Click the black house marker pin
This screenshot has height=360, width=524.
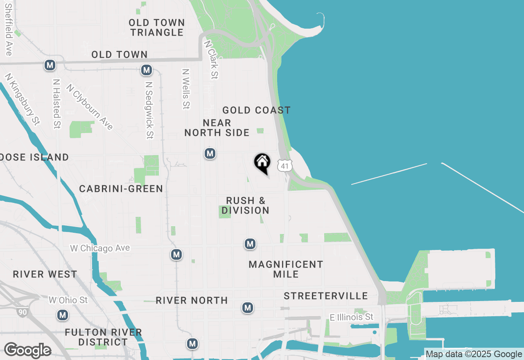(262, 163)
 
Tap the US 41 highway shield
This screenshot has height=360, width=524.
(285, 165)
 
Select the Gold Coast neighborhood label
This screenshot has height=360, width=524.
(256, 110)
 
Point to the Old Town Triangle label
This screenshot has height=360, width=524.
(157, 27)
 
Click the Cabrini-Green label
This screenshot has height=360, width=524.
(121, 189)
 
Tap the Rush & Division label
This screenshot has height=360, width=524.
(246, 205)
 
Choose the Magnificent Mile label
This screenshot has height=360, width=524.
(286, 269)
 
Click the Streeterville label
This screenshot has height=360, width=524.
(326, 296)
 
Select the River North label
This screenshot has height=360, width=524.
(192, 301)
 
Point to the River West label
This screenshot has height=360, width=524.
(45, 274)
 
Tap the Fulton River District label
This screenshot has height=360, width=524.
(103, 337)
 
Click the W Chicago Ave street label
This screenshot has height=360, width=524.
(100, 248)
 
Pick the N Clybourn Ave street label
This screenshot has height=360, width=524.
(90, 107)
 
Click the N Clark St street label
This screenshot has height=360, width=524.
(211, 59)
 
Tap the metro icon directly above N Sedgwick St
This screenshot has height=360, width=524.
(147, 70)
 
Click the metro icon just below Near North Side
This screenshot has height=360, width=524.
(210, 153)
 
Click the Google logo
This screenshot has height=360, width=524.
(27, 351)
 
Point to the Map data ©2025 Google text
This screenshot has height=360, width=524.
(474, 354)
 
